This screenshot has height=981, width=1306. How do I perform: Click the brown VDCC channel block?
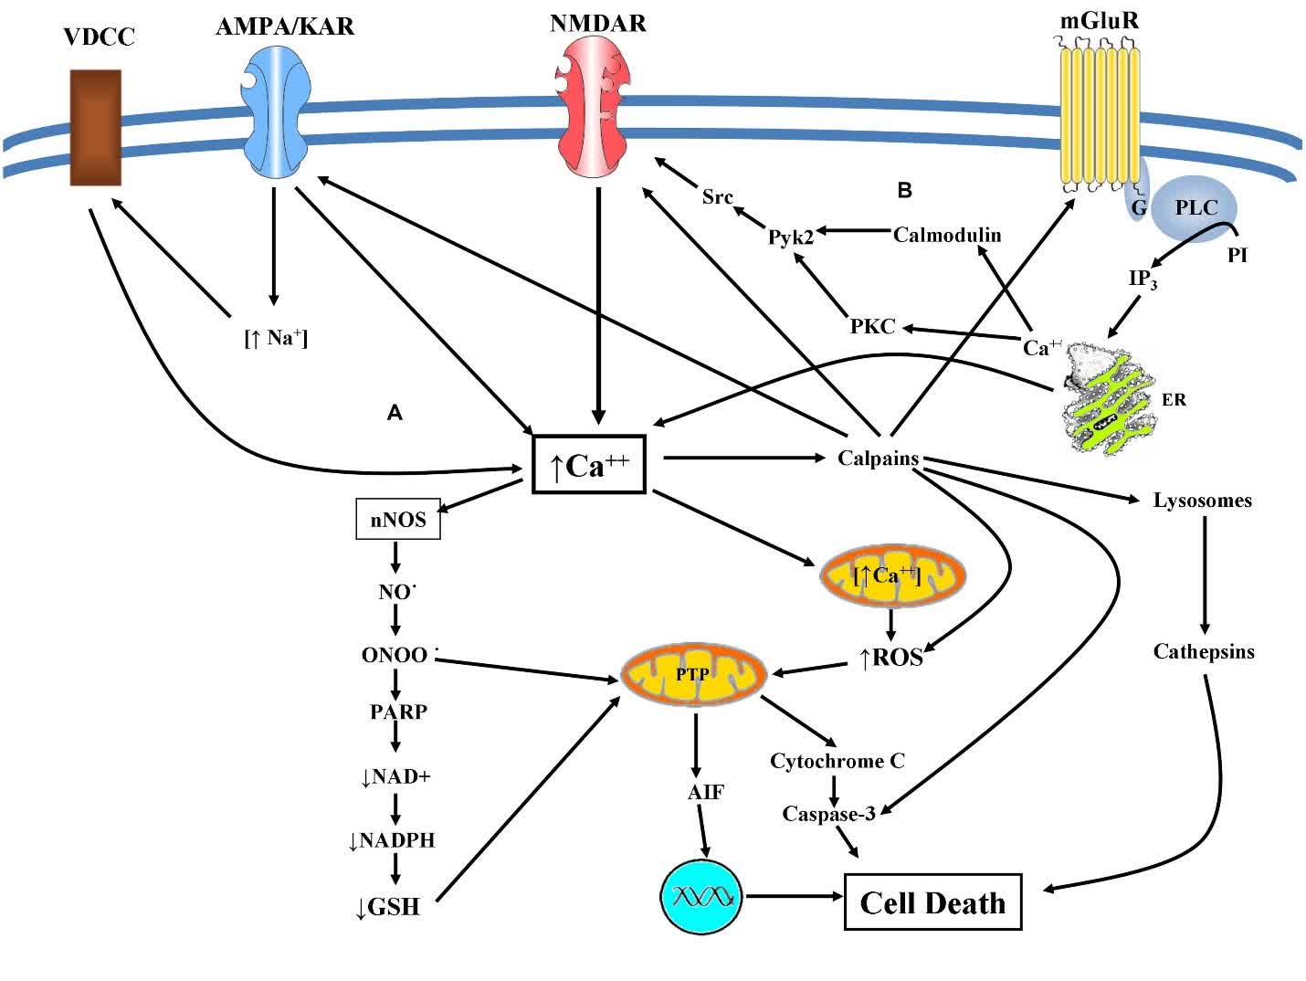96,128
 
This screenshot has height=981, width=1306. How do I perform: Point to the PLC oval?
1195,208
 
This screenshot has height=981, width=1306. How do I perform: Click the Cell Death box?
932,902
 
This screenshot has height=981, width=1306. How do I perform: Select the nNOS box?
397,521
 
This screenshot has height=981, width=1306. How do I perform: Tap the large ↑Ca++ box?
589,465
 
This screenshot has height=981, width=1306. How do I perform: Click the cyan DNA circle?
701,896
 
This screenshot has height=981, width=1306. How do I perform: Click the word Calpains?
878,459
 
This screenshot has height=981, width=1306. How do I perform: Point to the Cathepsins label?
1203,652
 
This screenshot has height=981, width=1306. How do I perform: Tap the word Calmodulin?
947,235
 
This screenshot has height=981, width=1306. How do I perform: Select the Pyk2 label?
790,237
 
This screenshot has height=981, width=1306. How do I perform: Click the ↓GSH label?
387,907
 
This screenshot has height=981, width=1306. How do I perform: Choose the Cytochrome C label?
837,761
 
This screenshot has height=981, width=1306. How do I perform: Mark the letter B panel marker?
905,191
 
